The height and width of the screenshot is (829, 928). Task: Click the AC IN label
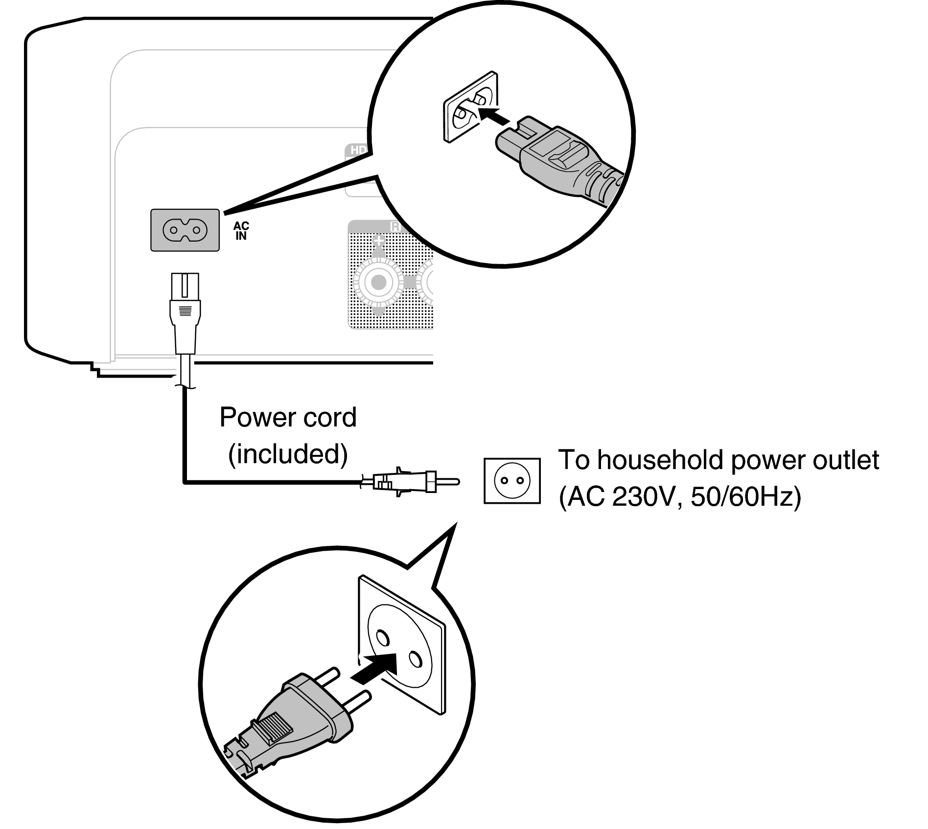(241, 231)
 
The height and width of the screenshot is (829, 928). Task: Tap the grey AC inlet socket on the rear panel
(185, 230)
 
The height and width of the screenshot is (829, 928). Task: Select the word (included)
(288, 454)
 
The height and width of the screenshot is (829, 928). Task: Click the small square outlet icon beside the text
(512, 481)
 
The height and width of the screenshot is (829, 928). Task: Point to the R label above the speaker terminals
(395, 227)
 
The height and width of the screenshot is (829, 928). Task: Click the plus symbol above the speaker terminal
(379, 241)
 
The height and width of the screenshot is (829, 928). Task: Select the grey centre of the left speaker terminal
(378, 282)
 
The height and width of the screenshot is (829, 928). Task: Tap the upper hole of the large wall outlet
(382, 637)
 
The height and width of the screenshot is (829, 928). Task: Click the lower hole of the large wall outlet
(416, 659)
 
